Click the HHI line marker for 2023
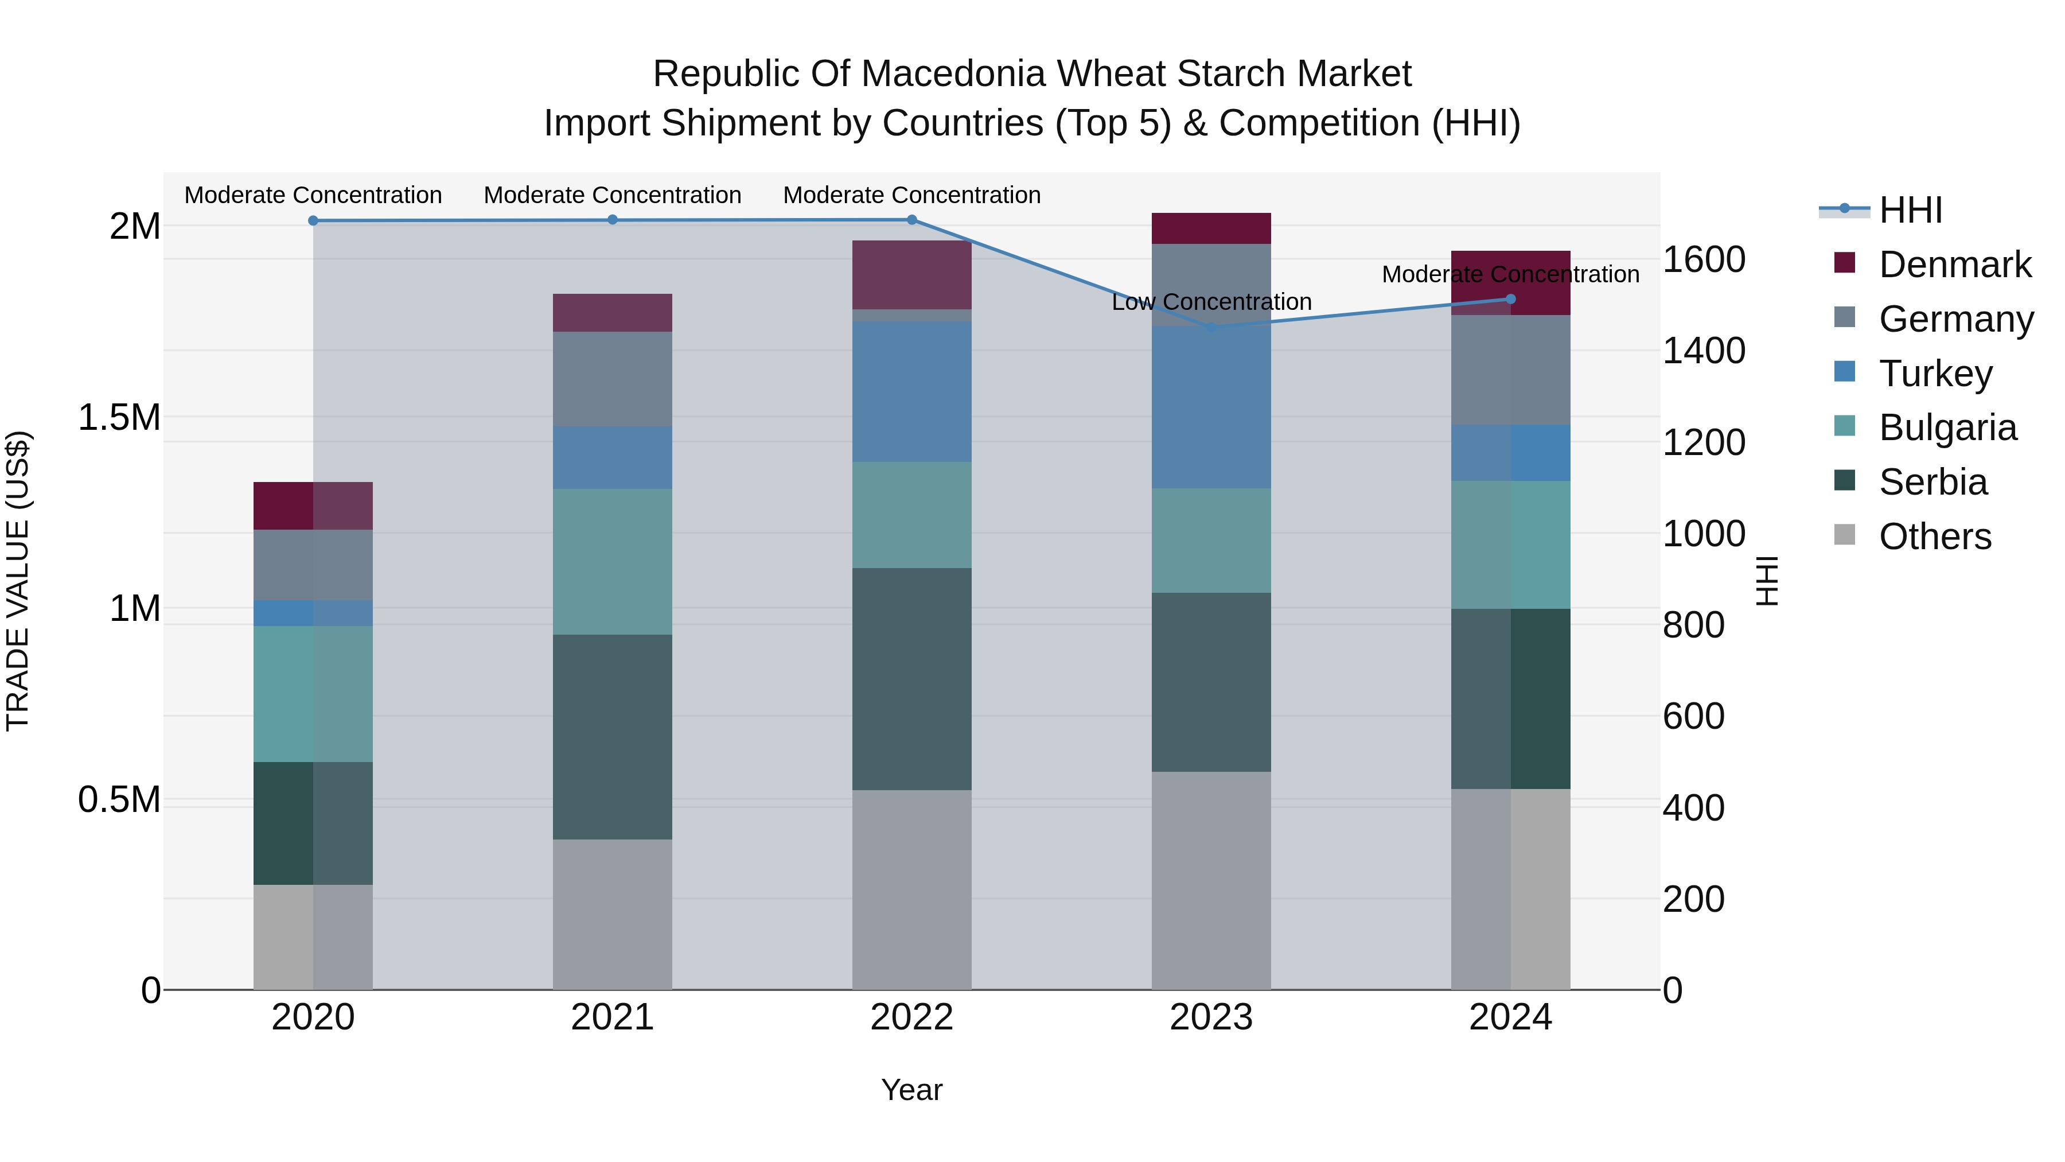[x=1211, y=327]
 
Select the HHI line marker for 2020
[x=313, y=220]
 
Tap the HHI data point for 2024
[x=1510, y=299]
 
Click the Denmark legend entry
[x=1954, y=265]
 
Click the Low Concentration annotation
[x=1211, y=302]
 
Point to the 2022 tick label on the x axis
[x=911, y=1017]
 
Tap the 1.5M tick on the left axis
[x=119, y=417]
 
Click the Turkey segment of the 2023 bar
[x=1211, y=407]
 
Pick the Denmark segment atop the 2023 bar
[x=1211, y=228]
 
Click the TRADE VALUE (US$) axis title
[x=18, y=581]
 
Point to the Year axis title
[x=911, y=1090]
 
